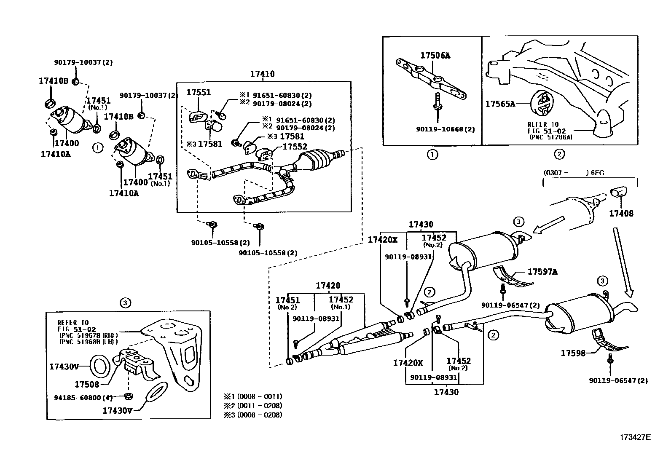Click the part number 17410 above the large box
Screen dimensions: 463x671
[x=262, y=74]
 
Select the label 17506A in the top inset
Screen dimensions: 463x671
[x=435, y=55]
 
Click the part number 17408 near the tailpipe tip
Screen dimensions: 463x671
[x=621, y=214]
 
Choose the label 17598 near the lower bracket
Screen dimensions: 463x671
[x=573, y=353]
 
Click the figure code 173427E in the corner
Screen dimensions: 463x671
[x=635, y=437]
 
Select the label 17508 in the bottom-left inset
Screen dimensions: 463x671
[x=87, y=384]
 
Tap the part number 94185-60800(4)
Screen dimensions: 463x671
[x=84, y=397]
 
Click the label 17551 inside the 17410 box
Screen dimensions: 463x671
[x=199, y=92]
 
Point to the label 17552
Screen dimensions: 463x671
[x=295, y=147]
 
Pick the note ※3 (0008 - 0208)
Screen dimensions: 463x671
[x=253, y=415]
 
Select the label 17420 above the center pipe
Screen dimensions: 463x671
[x=327, y=286]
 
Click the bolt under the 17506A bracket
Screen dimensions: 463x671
[x=437, y=102]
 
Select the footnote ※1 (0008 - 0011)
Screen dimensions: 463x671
[x=253, y=396]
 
